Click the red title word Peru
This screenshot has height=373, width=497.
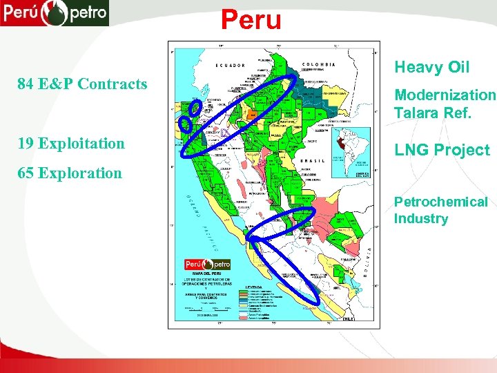tap(251, 19)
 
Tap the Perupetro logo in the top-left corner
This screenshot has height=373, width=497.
tap(55, 12)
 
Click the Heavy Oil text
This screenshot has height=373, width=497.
tap(431, 67)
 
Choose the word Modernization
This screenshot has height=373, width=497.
tap(445, 95)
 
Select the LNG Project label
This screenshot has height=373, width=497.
tap(442, 150)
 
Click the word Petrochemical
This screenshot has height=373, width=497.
tap(440, 202)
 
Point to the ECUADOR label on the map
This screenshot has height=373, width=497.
tap(231, 66)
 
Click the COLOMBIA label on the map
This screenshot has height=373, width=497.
tap(319, 64)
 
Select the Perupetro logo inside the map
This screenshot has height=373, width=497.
tap(207, 264)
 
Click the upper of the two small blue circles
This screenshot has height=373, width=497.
tap(196, 107)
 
